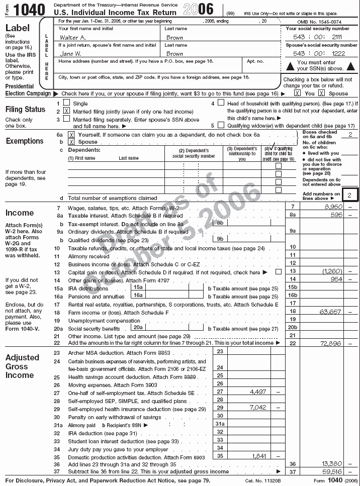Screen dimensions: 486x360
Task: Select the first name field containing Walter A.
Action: (x=72, y=38)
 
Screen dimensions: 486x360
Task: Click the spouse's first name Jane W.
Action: (x=71, y=53)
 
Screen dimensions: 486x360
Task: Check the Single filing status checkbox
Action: (x=66, y=103)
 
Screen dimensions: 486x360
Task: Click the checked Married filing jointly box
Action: (x=66, y=111)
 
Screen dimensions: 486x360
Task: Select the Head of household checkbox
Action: (x=221, y=103)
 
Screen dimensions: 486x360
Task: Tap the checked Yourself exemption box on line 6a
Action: (x=71, y=135)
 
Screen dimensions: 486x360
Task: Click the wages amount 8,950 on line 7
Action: (x=333, y=207)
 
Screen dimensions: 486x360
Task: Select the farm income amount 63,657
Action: (x=330, y=312)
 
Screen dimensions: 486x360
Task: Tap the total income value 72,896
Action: (x=330, y=343)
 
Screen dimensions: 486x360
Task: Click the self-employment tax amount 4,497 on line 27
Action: (x=257, y=391)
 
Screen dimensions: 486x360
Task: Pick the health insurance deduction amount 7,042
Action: (x=257, y=408)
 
